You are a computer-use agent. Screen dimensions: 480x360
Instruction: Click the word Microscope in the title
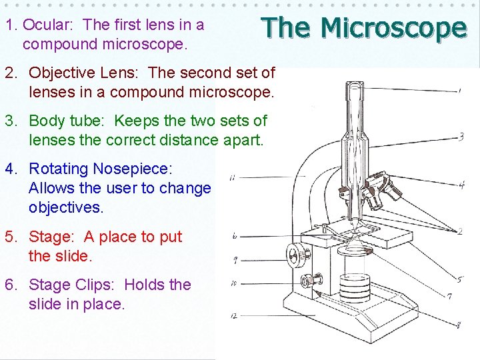pos(393,28)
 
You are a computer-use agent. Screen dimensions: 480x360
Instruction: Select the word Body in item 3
pos(47,121)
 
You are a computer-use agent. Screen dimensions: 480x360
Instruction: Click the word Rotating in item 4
pos(58,169)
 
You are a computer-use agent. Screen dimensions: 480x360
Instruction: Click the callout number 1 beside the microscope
pos(460,90)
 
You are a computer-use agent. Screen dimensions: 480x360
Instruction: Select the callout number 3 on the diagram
pos(461,137)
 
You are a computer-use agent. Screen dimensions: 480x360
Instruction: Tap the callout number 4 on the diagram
pos(461,185)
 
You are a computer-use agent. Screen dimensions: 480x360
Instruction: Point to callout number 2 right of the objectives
pos(460,231)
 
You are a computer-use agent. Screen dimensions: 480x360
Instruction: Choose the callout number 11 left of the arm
pos(231,178)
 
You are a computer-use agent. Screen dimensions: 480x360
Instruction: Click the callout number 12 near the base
pos(233,315)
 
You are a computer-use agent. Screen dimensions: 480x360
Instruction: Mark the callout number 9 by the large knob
pos(235,260)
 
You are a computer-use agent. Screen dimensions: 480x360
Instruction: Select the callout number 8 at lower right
pos(459,325)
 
